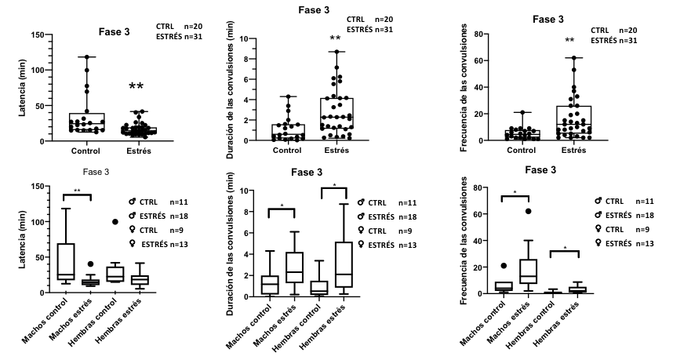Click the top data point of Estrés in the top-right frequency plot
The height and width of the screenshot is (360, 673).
click(x=575, y=57)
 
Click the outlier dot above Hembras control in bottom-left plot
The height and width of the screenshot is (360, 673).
click(x=115, y=222)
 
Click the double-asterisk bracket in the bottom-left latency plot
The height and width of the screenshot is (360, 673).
click(x=76, y=194)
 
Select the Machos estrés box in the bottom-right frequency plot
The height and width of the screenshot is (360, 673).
click(x=528, y=271)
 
